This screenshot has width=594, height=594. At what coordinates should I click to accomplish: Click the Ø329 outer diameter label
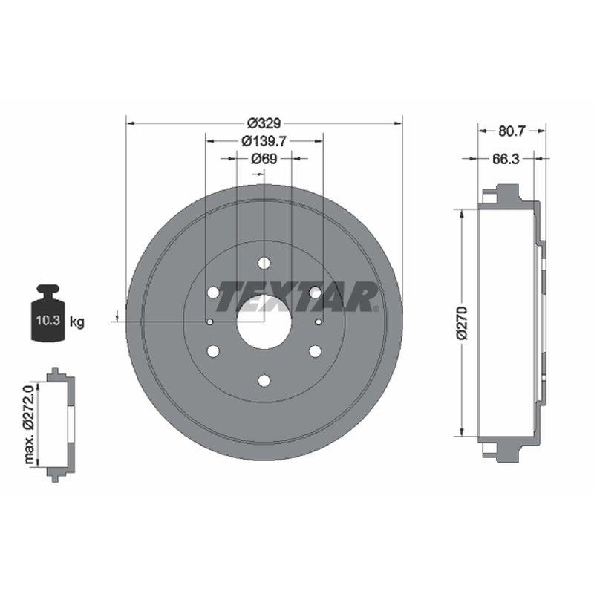coord(264,123)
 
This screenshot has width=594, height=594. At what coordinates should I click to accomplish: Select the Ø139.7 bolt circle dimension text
coord(264,141)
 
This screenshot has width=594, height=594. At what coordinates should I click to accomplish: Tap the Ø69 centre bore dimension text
coord(264,159)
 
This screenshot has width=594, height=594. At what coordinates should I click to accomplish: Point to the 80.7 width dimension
coord(512,131)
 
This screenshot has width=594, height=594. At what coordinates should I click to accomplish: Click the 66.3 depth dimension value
coord(506,159)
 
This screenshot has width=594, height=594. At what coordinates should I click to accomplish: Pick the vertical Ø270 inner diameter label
coord(462,323)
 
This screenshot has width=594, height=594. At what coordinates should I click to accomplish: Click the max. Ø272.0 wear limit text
coord(30,423)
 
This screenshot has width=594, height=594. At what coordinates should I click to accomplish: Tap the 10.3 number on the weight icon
coord(48,321)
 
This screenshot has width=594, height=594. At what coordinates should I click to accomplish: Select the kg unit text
coord(77,322)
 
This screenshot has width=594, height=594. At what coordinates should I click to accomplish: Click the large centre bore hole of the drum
coord(264,322)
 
